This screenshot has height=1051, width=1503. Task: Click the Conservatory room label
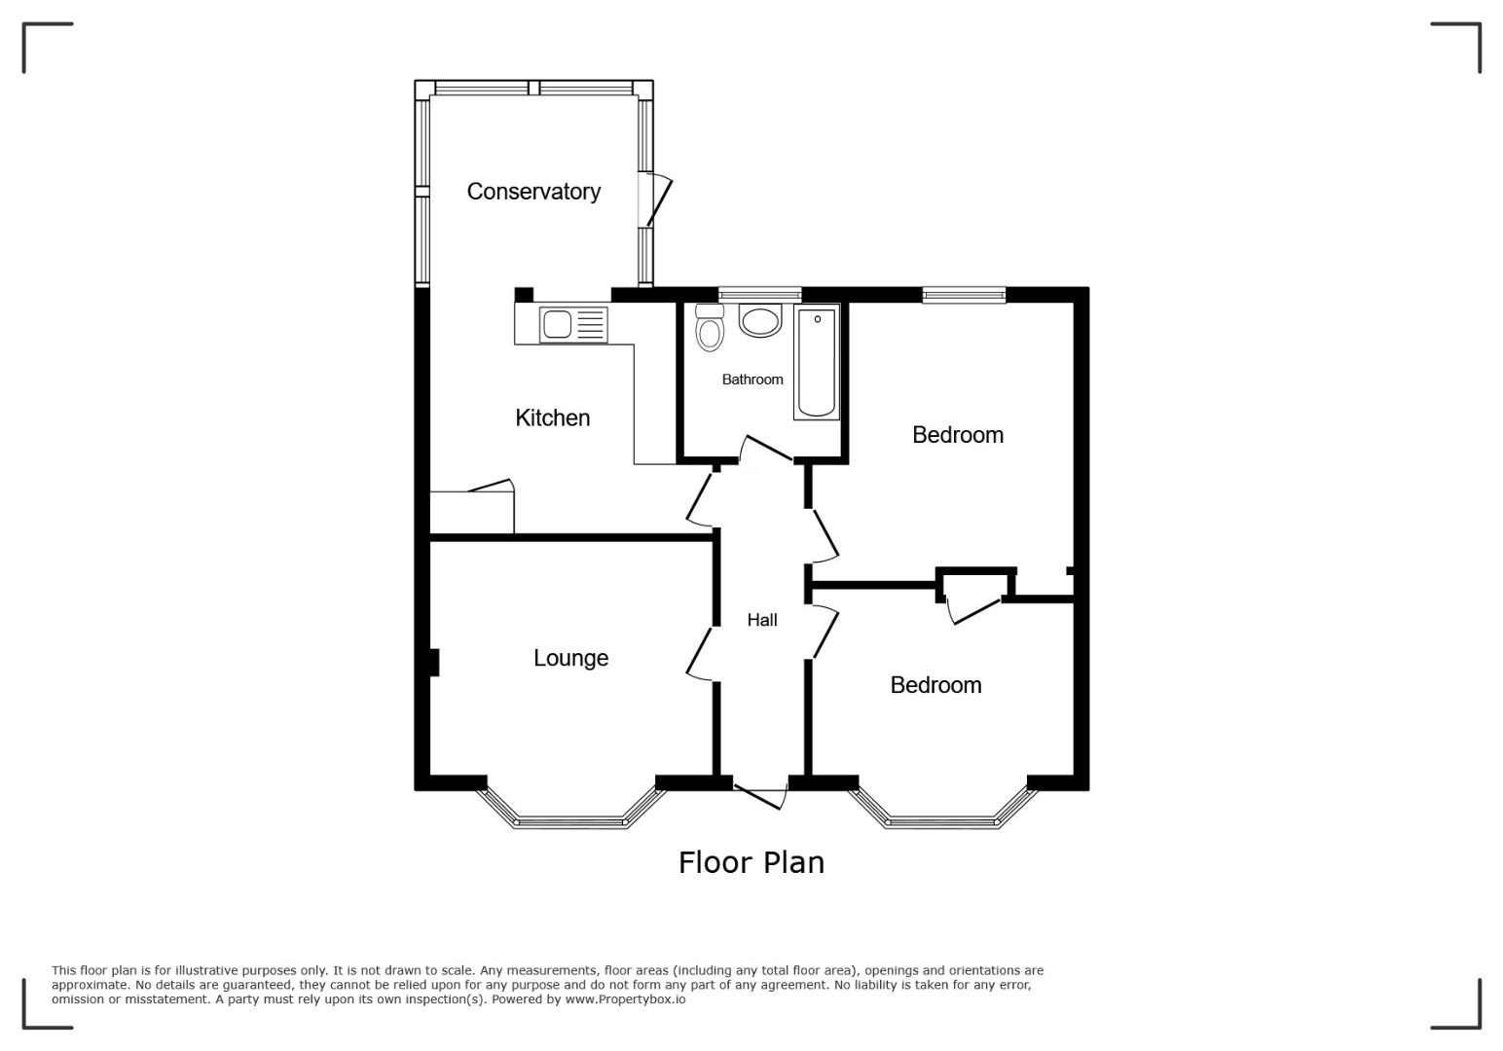[x=533, y=192]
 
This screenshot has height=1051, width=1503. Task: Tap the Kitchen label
[x=552, y=417]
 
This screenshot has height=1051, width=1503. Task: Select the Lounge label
[x=571, y=658]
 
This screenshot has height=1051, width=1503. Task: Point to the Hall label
[x=762, y=620]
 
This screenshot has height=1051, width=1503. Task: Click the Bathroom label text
[x=752, y=380]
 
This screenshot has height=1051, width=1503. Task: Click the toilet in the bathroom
[x=710, y=327]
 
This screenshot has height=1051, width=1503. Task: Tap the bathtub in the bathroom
[x=817, y=362]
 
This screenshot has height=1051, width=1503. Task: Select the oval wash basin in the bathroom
[x=760, y=320]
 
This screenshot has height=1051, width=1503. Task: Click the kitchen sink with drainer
[x=573, y=325]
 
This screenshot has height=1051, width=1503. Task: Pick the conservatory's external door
[x=655, y=199]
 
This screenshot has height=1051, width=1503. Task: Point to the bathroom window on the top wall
[x=759, y=295]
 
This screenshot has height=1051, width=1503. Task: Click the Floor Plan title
[x=751, y=862]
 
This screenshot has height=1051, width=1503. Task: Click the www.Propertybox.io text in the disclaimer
[x=625, y=999]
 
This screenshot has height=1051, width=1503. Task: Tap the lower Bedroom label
[x=936, y=685]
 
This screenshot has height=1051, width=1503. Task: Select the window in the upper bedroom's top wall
[x=965, y=295]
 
